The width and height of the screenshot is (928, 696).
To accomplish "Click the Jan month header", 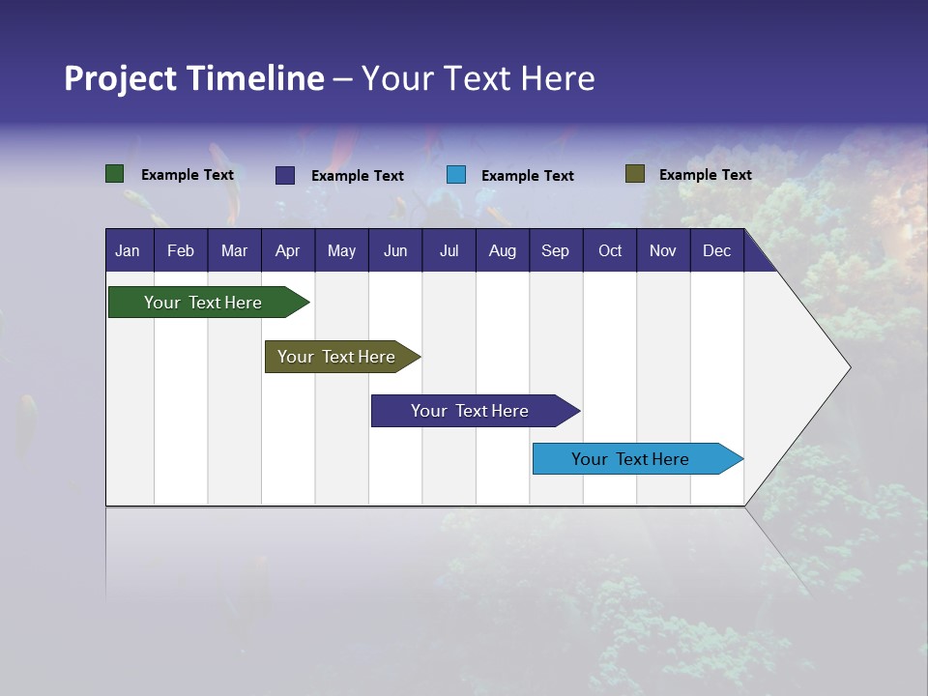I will point(128,250).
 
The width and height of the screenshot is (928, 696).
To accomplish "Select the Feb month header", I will point(181,250).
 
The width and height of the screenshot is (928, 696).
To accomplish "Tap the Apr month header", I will point(288,250).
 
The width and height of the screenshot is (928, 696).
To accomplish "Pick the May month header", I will point(341,250).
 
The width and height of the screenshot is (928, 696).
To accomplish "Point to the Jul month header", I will point(449,250).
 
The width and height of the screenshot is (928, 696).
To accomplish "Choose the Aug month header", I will point(503,250).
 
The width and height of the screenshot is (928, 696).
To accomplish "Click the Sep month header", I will point(555,250).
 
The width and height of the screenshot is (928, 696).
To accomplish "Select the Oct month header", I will point(610,250).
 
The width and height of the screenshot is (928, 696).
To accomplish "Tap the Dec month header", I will point(717,250).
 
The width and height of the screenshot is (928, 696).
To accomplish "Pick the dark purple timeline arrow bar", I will point(471,411).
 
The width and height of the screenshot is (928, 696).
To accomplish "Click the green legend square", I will point(114,174).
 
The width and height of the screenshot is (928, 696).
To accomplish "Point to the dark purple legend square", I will point(285,175).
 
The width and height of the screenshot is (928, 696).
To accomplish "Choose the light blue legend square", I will point(456,175).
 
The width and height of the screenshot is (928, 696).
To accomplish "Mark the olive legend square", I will point(634,174).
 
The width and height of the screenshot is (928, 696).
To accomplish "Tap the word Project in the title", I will point(120,78).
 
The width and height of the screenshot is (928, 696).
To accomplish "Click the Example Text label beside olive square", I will point(705,175).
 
